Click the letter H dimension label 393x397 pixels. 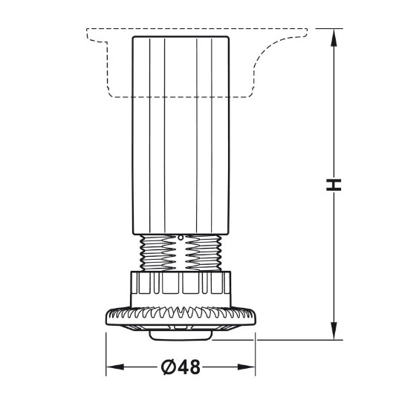[334, 185]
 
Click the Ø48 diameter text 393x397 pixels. [181, 367]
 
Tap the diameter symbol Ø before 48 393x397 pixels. [169, 367]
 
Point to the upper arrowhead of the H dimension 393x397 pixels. [334, 37]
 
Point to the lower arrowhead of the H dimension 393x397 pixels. [334, 331]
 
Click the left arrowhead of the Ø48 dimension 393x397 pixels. [115, 367]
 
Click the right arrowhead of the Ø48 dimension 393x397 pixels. [246, 367]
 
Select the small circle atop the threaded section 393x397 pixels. [181, 237]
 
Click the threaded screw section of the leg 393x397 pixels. [181, 253]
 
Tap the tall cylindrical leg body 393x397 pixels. [181, 136]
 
